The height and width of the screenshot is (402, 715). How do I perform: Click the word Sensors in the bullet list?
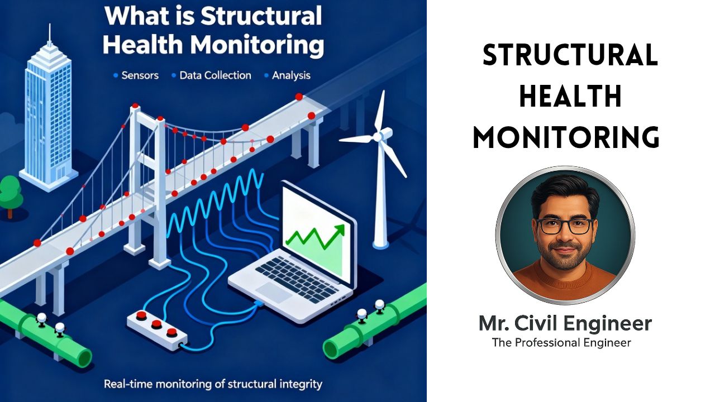coord(140,75)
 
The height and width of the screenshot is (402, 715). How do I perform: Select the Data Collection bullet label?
coord(215,75)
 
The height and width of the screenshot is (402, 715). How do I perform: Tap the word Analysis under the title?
coord(291,75)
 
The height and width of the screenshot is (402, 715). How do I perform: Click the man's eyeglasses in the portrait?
coord(565,226)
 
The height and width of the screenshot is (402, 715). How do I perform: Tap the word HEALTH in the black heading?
coord(570,97)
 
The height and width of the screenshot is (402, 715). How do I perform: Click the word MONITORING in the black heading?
coord(566,137)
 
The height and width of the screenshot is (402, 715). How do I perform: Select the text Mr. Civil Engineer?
coord(565,323)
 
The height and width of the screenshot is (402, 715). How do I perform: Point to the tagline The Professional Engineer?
coord(561,342)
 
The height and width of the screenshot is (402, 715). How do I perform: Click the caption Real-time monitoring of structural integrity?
coord(213,384)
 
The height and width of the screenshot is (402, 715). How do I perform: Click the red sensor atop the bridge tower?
coord(134,105)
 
